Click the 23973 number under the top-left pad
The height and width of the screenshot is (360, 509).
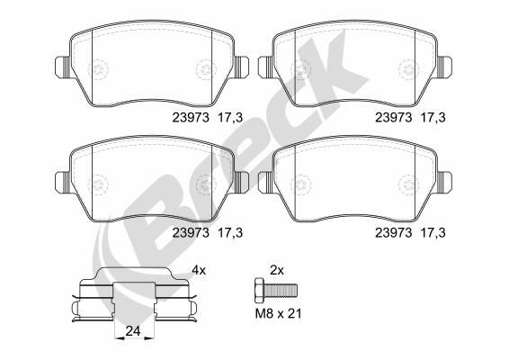tap(191, 117)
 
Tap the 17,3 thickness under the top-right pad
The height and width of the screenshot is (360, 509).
tap(433, 117)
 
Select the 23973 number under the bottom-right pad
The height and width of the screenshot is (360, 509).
tap(393, 232)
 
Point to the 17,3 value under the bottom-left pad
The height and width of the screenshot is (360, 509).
tap(230, 232)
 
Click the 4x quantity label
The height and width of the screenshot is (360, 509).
tap(199, 270)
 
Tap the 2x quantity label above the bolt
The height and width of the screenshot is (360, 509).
tap(277, 270)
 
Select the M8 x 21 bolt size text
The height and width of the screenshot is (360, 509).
tap(278, 313)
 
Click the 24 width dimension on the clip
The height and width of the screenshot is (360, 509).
tap(133, 331)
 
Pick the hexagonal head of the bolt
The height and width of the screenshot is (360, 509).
tap(259, 289)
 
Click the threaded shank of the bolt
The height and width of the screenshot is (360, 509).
tap(281, 289)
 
